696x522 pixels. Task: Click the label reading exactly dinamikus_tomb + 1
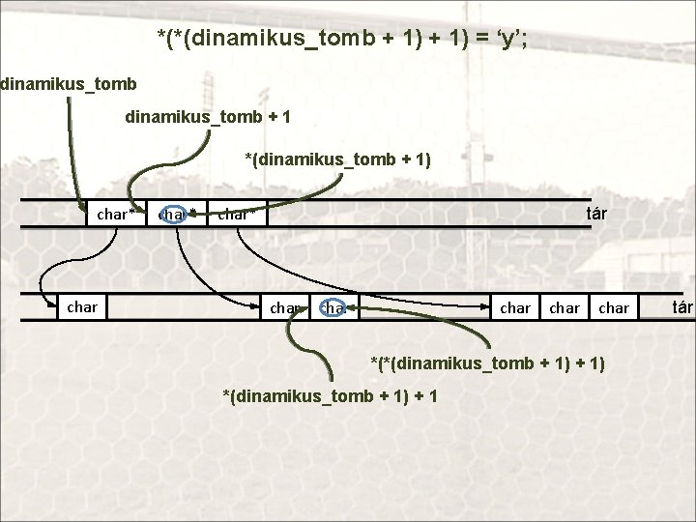[x=208, y=117]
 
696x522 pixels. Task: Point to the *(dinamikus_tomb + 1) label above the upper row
[x=337, y=158]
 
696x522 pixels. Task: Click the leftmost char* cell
[x=116, y=214]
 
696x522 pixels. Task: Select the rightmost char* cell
[x=237, y=214]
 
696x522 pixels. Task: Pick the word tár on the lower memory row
[x=682, y=307]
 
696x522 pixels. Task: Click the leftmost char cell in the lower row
[x=82, y=307]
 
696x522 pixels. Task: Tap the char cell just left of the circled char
[x=286, y=308]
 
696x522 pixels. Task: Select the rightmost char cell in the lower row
[x=614, y=308]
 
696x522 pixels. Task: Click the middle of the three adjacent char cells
[x=565, y=308]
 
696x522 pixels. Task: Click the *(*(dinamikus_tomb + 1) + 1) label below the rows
[x=489, y=362]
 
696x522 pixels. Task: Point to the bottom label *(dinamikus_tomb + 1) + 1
[x=330, y=396]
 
